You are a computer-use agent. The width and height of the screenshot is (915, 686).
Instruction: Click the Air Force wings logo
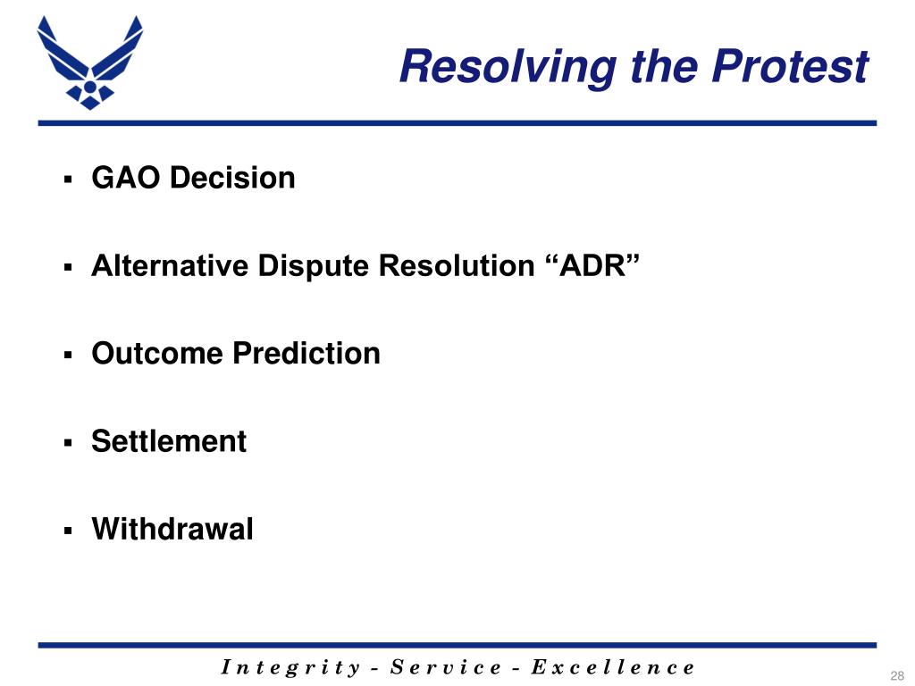pyautogui.click(x=90, y=63)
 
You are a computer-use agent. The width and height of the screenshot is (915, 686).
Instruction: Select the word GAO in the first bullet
pyautogui.click(x=125, y=178)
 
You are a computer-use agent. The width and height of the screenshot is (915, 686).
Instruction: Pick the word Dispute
pyautogui.click(x=313, y=266)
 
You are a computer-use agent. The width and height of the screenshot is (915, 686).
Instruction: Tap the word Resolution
pyautogui.click(x=457, y=265)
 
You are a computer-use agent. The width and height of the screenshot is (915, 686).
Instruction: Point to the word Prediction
pyautogui.click(x=306, y=354)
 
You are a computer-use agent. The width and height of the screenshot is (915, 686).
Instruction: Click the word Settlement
pyautogui.click(x=169, y=441)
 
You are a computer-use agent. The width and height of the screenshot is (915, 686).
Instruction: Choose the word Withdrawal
pyautogui.click(x=172, y=529)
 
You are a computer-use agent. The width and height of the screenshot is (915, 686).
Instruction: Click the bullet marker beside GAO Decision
pyautogui.click(x=68, y=179)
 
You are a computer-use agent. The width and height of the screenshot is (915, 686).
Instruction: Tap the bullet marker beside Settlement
pyautogui.click(x=68, y=443)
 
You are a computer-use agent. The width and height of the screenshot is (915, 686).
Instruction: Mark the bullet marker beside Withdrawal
pyautogui.click(x=68, y=531)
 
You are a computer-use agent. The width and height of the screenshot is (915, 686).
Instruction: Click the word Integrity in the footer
pyautogui.click(x=290, y=667)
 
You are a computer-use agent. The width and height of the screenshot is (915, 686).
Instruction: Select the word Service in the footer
pyautogui.click(x=445, y=666)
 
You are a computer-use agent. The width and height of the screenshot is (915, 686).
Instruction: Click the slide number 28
pyautogui.click(x=897, y=675)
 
